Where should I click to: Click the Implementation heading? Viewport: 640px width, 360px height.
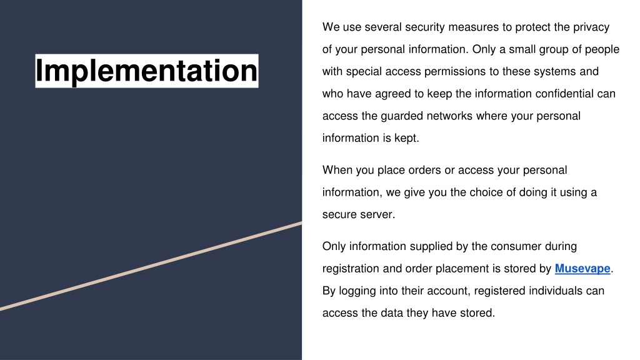(146, 71)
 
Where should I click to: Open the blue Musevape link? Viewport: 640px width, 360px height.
(582, 269)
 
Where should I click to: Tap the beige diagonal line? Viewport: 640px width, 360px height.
(151, 266)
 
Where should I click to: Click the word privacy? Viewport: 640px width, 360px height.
(591, 27)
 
